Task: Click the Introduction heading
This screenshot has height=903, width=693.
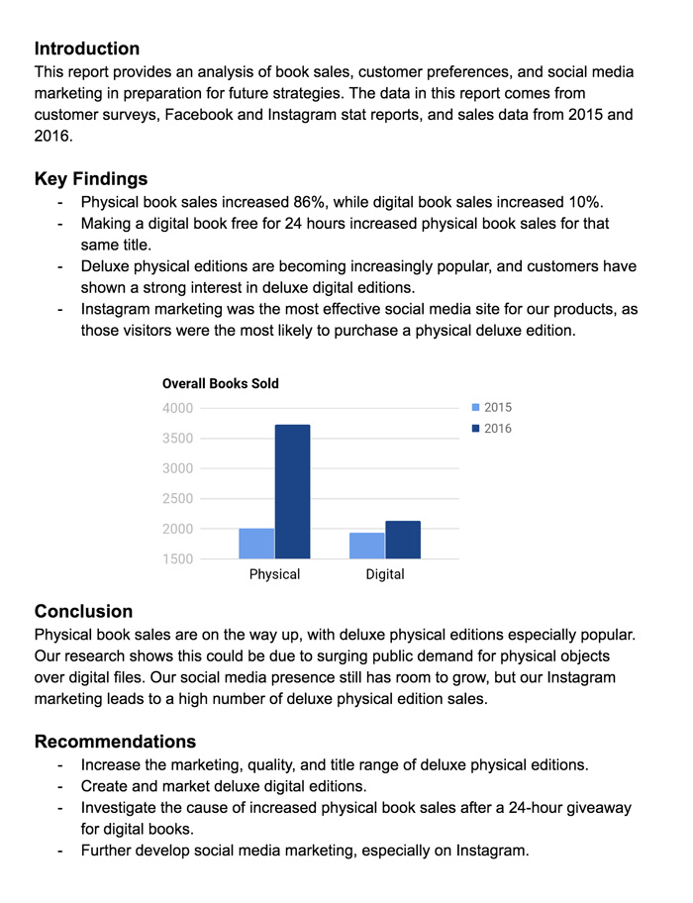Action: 87,49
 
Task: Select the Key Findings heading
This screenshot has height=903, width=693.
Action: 91,179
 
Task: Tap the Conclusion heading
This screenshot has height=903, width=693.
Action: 83,611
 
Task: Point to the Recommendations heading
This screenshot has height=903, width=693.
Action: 115,742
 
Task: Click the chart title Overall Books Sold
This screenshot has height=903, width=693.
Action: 221,383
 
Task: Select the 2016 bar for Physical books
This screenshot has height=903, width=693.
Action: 292,491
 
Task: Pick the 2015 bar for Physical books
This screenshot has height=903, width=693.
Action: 256,544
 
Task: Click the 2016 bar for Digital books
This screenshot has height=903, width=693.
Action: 403,540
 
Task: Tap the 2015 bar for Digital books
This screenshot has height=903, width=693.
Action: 367,546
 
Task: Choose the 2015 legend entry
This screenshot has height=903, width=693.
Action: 491,407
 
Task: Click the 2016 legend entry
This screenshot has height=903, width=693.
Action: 491,429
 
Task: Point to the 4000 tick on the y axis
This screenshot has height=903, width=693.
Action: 177,408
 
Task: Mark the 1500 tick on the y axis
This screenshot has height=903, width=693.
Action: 177,559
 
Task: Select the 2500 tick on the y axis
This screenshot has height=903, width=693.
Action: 177,499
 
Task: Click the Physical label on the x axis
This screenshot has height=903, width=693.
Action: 274,574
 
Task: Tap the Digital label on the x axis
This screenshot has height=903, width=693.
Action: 385,574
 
